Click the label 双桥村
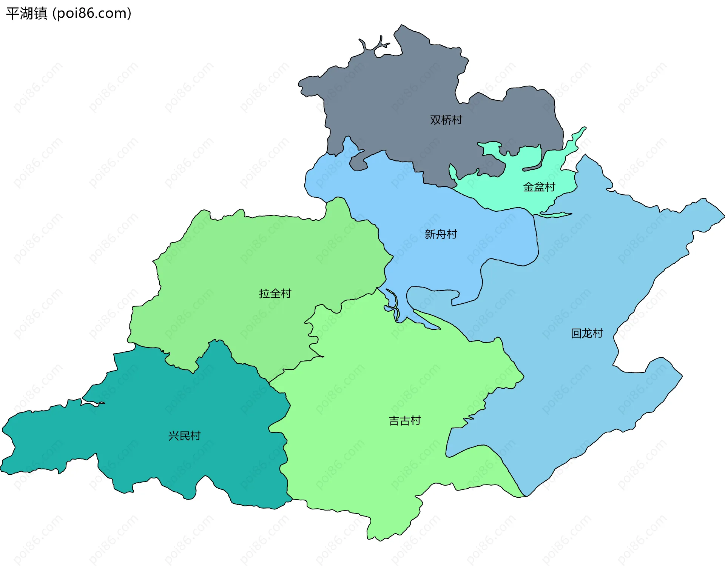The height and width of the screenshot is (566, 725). coord(446,120)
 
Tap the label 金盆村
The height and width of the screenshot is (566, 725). coord(539,187)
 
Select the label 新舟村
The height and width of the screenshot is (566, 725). coord(441,234)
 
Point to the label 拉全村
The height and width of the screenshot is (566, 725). coord(275,294)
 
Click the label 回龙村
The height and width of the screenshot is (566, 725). coord(587,334)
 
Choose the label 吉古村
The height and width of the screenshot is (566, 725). coord(405,421)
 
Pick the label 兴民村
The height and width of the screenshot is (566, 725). coord(184,436)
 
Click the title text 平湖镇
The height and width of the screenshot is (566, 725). coord(27,13)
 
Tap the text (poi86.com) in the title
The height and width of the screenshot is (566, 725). coord(92,13)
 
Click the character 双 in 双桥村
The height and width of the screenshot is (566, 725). coord(435,120)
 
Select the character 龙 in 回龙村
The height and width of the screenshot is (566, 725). coord(587,334)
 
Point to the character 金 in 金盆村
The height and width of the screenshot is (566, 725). coord(528,187)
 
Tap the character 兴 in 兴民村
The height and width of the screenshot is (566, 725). coord(174,436)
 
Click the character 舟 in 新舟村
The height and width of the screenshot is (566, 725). coord(441,234)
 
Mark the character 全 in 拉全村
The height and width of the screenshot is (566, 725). coord(275,294)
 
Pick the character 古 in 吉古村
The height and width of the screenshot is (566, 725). coord(405,421)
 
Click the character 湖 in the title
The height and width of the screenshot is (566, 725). coord(27,13)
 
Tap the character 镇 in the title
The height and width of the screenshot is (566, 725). coord(41,13)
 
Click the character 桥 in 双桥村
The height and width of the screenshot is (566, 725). coord(446,120)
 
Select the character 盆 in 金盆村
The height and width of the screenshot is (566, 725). coord(539,187)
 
